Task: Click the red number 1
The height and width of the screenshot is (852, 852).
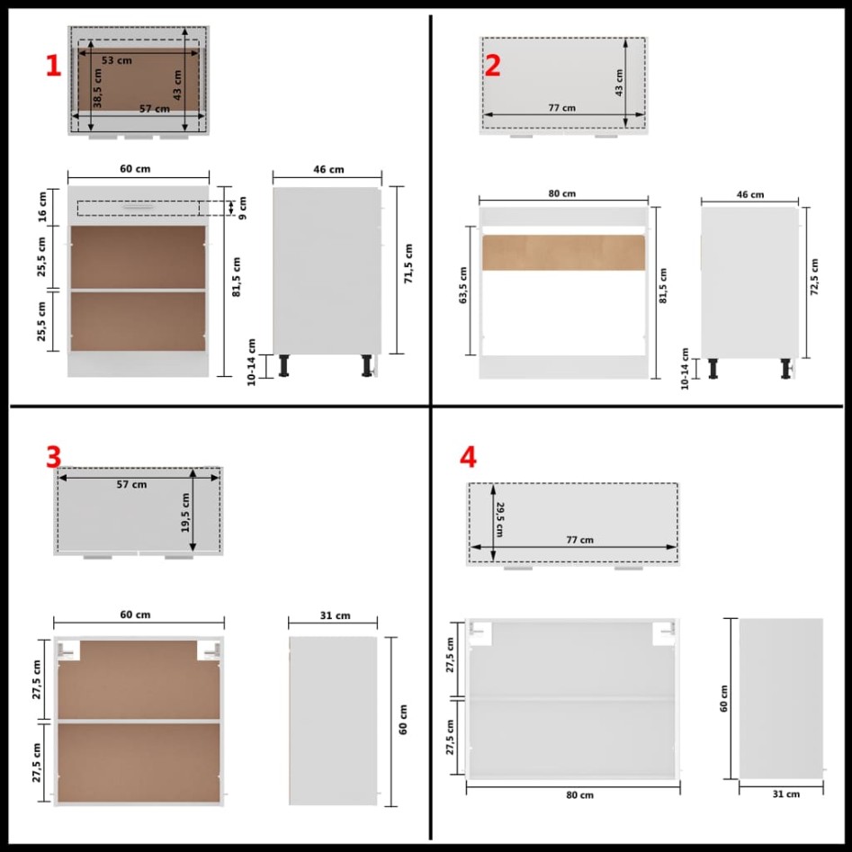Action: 53,67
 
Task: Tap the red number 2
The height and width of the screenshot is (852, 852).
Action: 492,66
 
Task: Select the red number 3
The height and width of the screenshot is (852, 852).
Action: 53,457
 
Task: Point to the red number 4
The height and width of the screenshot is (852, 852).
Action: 468,457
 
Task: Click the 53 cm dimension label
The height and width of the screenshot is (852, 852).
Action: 117,60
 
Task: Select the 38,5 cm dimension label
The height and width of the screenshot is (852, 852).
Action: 97,88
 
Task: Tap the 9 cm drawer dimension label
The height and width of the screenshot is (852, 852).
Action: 242,208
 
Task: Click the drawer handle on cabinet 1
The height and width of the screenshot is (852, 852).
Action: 138,207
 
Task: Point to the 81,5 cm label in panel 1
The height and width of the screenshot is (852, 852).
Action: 237,277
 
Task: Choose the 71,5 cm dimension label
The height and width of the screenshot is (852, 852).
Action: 408,264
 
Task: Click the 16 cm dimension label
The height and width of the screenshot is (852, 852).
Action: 42,207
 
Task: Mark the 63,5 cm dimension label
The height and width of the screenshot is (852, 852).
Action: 463,285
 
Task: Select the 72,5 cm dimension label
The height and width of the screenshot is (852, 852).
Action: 814,276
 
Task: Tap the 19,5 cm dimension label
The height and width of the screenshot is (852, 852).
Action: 185,513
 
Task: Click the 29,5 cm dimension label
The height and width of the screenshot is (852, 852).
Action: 500,520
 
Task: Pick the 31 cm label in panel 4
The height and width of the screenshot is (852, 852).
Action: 785,794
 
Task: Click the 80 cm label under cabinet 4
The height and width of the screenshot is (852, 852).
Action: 579,795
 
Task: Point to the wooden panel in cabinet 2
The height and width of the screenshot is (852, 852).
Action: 563,253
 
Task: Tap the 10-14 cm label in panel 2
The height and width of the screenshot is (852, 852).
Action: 685,369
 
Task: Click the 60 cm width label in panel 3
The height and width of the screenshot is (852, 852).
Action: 135,614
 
